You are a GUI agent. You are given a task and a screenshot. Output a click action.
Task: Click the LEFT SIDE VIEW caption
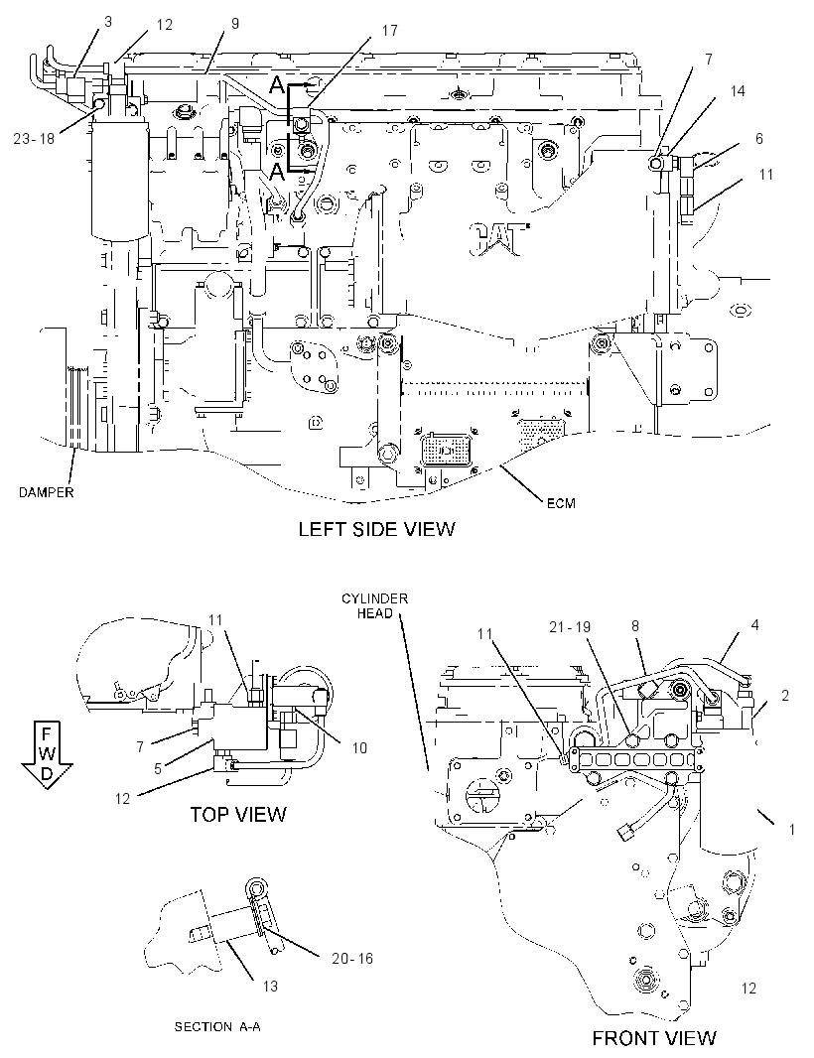pyautogui.click(x=376, y=529)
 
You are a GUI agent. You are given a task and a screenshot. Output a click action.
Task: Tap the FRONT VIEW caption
pyautogui.click(x=654, y=1037)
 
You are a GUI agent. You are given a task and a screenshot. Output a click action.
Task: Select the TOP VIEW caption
pyautogui.click(x=237, y=815)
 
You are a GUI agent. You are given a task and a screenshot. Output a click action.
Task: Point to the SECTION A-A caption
pyautogui.click(x=217, y=1027)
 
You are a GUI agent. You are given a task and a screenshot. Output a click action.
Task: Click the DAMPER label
pyautogui.click(x=46, y=492)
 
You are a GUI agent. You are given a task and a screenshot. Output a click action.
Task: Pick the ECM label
pyautogui.click(x=561, y=503)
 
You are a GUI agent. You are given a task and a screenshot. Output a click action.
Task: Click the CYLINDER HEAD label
pyautogui.click(x=374, y=606)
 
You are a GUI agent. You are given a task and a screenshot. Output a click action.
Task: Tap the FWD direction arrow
pyautogui.click(x=47, y=753)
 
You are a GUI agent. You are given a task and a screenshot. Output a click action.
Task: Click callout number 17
pyautogui.click(x=389, y=31)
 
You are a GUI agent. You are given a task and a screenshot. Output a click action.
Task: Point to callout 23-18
pyautogui.click(x=34, y=138)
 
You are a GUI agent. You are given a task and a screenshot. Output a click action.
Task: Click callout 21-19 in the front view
pyautogui.click(x=569, y=627)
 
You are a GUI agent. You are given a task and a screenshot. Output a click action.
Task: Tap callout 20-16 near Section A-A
pyautogui.click(x=352, y=958)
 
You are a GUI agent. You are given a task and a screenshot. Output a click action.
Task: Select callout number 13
pyautogui.click(x=270, y=987)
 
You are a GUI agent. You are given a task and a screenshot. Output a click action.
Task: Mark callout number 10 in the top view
pyautogui.click(x=359, y=747)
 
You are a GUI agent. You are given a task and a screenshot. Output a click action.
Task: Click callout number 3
pyautogui.click(x=108, y=22)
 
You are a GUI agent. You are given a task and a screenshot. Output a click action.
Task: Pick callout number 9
pyautogui.click(x=235, y=24)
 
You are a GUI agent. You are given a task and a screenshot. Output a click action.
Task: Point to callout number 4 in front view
pyautogui.click(x=754, y=625)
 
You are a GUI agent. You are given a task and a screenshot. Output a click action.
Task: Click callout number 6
pyautogui.click(x=759, y=138)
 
